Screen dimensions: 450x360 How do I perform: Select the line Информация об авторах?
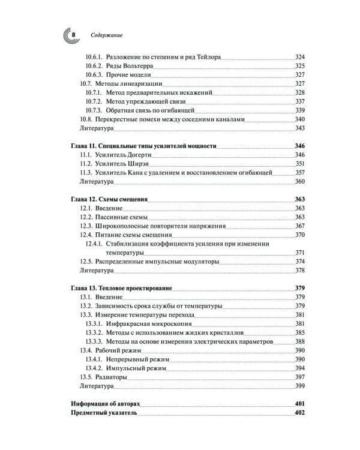click(106, 403)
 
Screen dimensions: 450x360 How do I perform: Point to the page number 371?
click(301, 252)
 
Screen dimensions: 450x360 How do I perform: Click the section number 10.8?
click(85, 119)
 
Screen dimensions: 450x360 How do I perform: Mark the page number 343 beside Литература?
click(301, 128)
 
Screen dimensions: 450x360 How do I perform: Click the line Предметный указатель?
click(104, 413)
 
